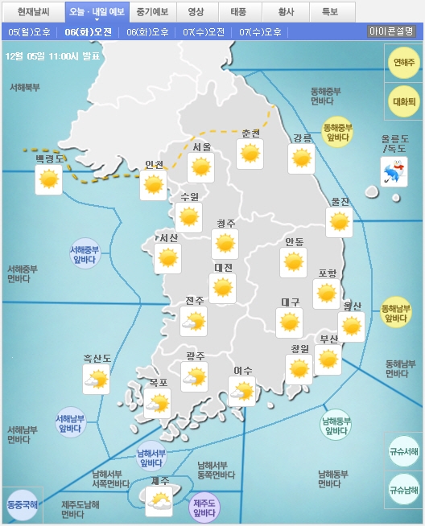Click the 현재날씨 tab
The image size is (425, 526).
[x=33, y=12]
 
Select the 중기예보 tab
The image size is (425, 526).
[x=151, y=12]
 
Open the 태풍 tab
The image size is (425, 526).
[x=238, y=12]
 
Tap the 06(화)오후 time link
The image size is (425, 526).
[x=148, y=32]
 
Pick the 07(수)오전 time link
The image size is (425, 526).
[x=204, y=32]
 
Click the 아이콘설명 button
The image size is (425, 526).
[x=391, y=31]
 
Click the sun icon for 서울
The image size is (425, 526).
[x=201, y=167]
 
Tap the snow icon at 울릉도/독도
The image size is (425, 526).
[x=394, y=171]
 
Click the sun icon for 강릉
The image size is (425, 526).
[x=302, y=158]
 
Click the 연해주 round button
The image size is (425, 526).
[x=403, y=63]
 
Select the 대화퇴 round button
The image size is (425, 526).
[x=403, y=101]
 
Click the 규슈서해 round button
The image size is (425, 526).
[x=403, y=451]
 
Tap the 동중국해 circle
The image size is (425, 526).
[x=21, y=505]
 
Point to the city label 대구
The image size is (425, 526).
[x=291, y=302]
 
